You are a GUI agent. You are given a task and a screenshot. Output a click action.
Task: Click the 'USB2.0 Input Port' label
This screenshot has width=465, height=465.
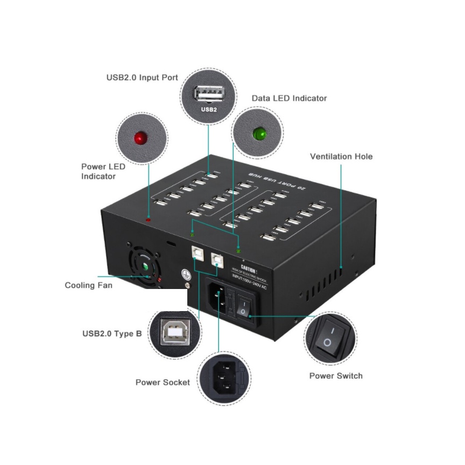click(x=142, y=77)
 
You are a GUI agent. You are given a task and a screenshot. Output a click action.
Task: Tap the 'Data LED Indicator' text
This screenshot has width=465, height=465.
click(x=289, y=98)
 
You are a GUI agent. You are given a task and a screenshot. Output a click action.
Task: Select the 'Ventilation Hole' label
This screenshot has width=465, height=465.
click(x=341, y=157)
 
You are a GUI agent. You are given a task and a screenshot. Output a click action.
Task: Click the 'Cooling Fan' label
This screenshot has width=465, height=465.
click(x=89, y=285)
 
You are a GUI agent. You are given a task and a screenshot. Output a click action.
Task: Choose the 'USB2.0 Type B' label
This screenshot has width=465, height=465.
click(x=112, y=334)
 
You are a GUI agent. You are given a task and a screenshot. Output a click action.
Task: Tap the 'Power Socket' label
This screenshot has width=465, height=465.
click(x=163, y=382)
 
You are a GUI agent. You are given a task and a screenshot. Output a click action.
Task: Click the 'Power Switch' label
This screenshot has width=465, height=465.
click(x=336, y=376)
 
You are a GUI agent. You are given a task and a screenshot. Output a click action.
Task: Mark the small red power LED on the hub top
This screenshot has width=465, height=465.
click(x=149, y=220)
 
